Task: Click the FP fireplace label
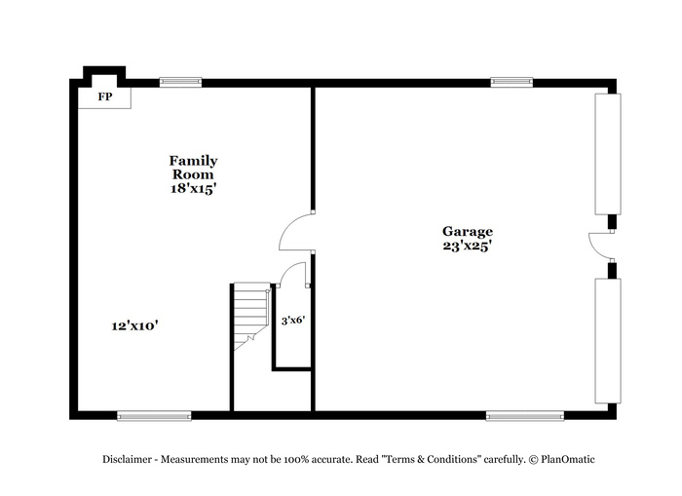coord(105,96)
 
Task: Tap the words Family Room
coord(193,168)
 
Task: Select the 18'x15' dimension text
coord(193,189)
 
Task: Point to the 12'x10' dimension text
coord(134,325)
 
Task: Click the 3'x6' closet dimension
coord(293,321)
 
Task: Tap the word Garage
coord(468,231)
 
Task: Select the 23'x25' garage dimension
coord(468,247)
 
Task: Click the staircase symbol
coord(251,316)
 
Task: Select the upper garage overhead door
coord(608,154)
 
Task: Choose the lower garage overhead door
coord(608,341)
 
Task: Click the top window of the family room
coord(180,82)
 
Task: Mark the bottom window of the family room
coord(154,416)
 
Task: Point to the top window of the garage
coord(511,82)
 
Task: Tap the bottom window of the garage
coord(525,416)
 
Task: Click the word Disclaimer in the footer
coord(127,459)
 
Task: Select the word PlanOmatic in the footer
coord(568,459)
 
